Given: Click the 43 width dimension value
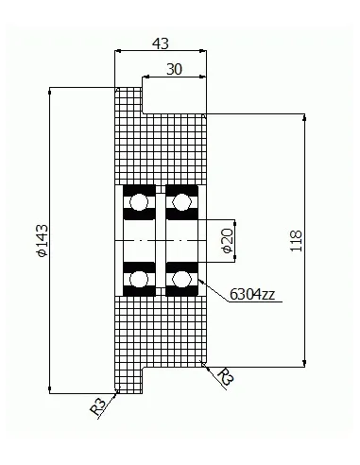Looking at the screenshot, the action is (x=161, y=43).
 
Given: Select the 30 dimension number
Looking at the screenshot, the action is (x=174, y=69).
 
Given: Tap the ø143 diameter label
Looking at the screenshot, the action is (x=43, y=240).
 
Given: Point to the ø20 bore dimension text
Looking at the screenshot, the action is (x=228, y=241).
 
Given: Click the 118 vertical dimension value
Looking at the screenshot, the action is (x=296, y=241).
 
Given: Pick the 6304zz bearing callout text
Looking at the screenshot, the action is (x=252, y=294).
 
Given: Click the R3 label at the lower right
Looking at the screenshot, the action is (x=226, y=376).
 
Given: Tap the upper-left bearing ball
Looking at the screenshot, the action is (x=139, y=202).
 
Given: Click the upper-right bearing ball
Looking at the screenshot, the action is (x=181, y=202).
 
